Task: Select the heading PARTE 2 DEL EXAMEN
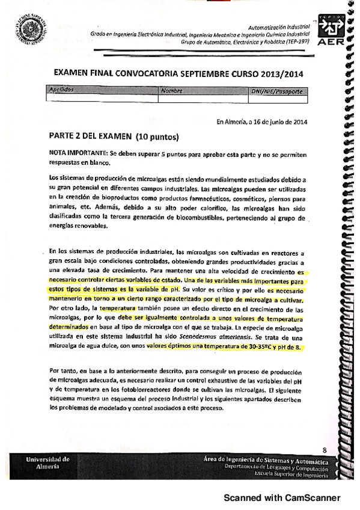pos(91,135)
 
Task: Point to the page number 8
pos(324,449)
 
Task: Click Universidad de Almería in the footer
pos(48,463)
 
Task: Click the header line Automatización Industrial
pos(278,28)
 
